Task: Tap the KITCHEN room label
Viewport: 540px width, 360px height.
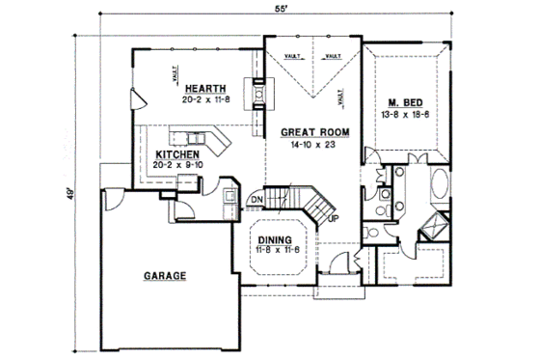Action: pos(178,153)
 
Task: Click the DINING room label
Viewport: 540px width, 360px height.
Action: pos(276,240)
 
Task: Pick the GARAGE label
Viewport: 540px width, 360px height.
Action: pos(165,275)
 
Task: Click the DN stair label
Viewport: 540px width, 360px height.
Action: pos(257,201)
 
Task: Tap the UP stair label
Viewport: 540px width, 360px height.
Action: pos(334,218)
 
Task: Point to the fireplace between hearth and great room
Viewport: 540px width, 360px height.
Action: pos(258,95)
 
